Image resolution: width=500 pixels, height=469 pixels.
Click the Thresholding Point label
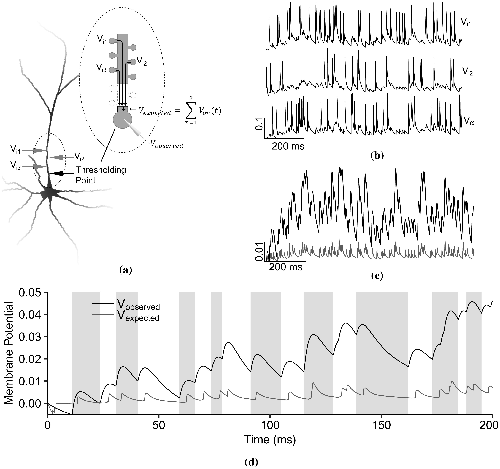click(101, 175)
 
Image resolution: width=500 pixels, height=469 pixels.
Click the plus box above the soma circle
click(123, 109)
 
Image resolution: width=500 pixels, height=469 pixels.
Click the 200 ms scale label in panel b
click(288, 146)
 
